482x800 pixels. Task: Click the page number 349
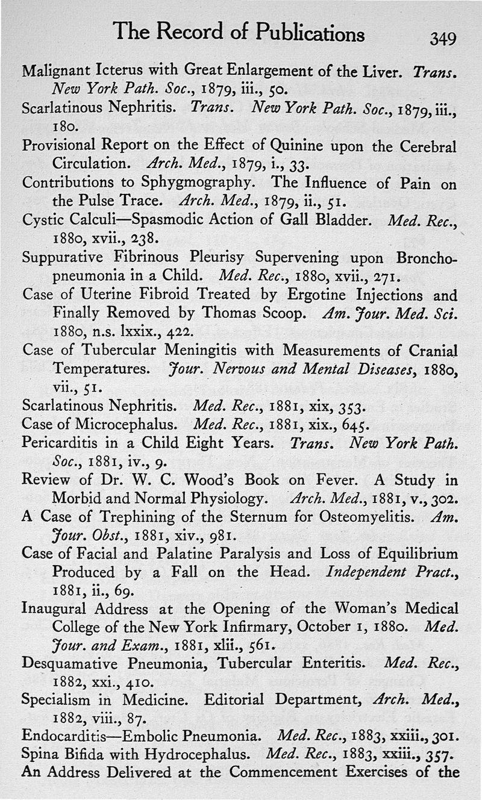[x=443, y=39]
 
